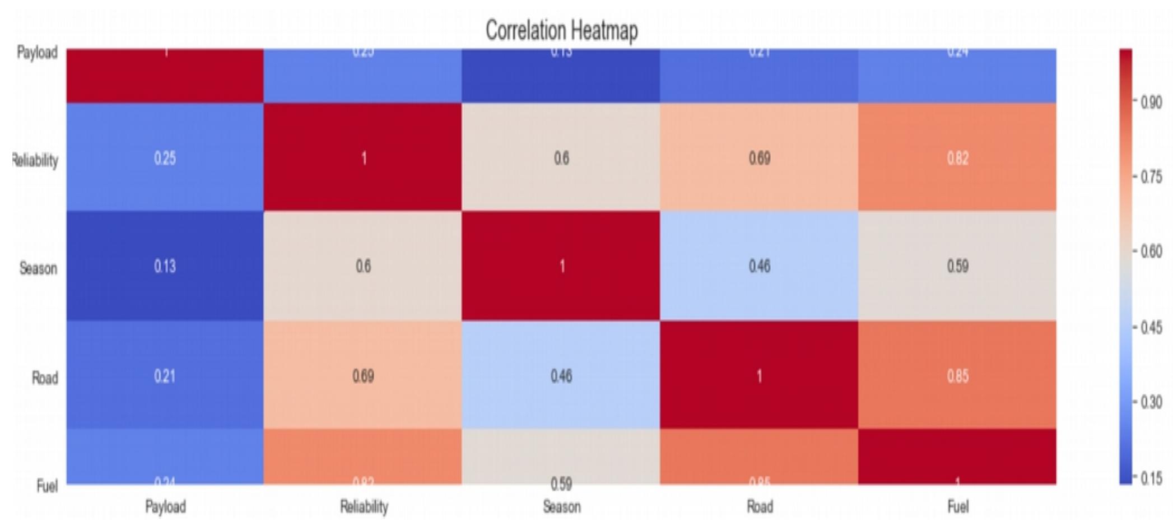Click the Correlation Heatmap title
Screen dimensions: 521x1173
(561, 30)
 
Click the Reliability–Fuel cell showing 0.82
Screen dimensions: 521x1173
(957, 158)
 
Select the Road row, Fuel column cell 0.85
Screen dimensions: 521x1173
(957, 375)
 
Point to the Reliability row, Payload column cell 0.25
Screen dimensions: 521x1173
(165, 158)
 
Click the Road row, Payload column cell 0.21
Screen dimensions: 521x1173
(165, 375)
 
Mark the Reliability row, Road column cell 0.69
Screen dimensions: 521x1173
(759, 158)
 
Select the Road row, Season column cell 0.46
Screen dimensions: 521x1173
(561, 375)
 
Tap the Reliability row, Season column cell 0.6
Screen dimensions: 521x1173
(561, 158)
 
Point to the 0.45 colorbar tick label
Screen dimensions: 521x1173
(1151, 327)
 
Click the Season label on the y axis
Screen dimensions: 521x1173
(38, 268)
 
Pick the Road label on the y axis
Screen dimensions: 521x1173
(45, 378)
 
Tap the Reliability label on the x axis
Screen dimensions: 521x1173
(364, 507)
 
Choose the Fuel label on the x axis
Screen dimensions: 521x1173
(957, 507)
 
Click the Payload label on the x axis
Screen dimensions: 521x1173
(165, 507)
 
